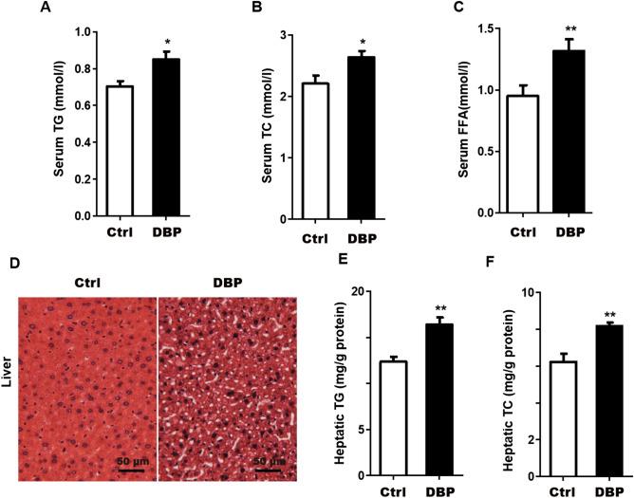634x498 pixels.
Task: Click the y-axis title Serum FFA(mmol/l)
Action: coord(462,121)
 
